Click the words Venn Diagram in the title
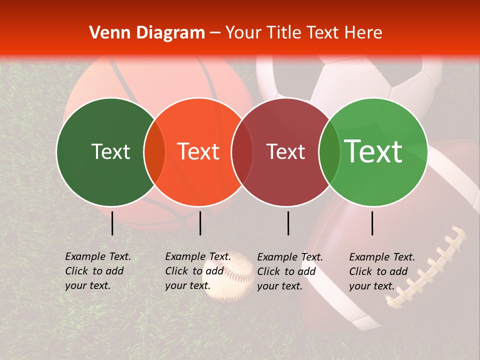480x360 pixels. point(147,33)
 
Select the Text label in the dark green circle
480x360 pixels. point(110,152)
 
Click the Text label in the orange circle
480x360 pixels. point(198,151)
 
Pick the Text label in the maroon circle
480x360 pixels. point(285,152)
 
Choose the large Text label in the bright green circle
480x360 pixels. point(373,151)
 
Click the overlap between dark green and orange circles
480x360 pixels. point(154,152)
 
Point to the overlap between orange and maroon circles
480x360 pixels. point(242,152)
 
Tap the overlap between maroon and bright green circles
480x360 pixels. point(329,152)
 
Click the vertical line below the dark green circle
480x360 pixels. point(112,223)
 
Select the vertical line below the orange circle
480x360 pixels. point(200,223)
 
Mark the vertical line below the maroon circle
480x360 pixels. point(288,223)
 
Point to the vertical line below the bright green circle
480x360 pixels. point(372,223)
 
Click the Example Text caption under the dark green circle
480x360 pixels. point(98,271)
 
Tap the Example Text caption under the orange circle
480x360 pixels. point(198,271)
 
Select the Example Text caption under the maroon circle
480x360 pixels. point(290,271)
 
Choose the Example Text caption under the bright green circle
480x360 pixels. point(382,271)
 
